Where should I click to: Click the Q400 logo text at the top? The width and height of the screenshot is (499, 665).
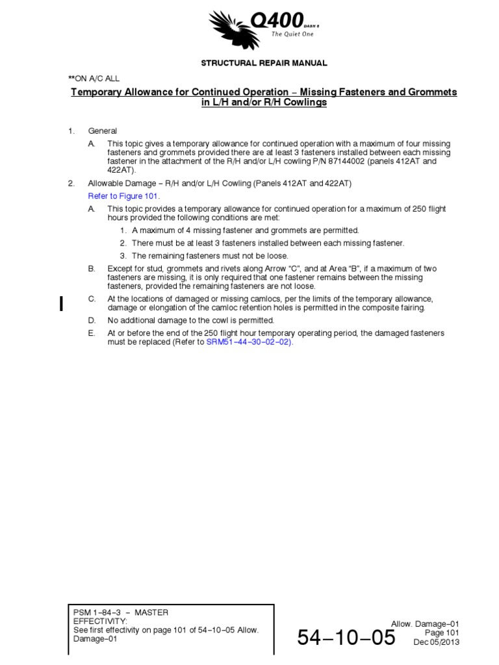pyautogui.click(x=279, y=23)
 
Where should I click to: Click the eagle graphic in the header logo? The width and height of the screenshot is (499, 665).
pyautogui.click(x=231, y=29)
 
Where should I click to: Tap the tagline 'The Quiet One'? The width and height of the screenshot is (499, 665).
pyautogui.click(x=292, y=34)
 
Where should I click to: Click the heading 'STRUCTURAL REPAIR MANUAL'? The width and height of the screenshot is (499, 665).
pyautogui.click(x=263, y=63)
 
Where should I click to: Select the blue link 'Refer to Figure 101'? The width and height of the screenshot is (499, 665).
pyautogui.click(x=123, y=195)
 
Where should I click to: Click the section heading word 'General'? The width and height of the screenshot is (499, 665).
pyautogui.click(x=103, y=131)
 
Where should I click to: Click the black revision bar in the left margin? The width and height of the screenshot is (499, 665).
pyautogui.click(x=61, y=303)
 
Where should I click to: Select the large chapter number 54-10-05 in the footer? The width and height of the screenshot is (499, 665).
pyautogui.click(x=346, y=638)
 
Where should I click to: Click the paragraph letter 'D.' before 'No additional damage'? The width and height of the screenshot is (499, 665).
pyautogui.click(x=92, y=320)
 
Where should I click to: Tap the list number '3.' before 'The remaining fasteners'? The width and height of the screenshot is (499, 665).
pyautogui.click(x=123, y=256)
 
